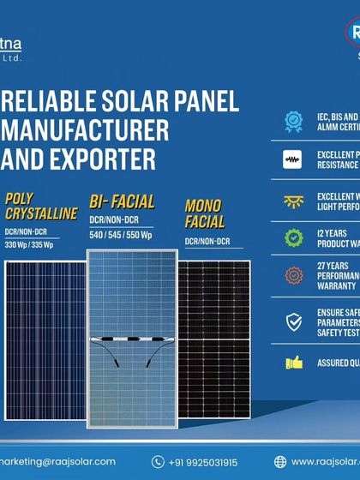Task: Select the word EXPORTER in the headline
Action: [109, 158]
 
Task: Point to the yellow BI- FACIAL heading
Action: [122, 202]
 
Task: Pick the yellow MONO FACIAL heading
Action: [203, 213]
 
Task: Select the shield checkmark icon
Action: [294, 322]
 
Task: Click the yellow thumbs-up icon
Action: [294, 363]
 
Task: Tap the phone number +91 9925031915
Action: [207, 462]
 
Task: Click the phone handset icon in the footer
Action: [157, 462]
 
